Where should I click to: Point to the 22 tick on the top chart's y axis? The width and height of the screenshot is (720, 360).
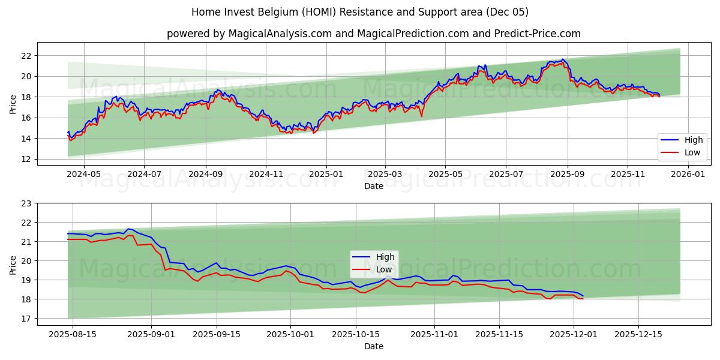point(26,56)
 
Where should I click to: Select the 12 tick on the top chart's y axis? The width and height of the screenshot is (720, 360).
point(26,159)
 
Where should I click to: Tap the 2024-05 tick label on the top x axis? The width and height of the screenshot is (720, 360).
point(83,174)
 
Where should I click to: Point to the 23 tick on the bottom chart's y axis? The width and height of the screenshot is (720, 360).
point(26,203)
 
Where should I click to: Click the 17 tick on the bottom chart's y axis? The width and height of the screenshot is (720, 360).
point(26,319)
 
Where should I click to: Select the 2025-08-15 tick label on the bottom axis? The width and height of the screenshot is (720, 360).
point(73,334)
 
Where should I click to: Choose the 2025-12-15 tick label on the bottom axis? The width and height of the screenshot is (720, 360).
point(638,334)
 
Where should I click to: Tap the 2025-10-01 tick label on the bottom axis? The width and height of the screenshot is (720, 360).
point(290,334)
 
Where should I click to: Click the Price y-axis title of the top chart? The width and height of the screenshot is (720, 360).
point(13,104)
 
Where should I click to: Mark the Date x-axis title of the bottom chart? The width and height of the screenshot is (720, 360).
point(373,346)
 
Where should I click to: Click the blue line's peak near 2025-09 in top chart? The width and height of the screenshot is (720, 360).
point(562,59)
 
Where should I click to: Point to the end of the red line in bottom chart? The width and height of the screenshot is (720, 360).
point(583,299)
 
